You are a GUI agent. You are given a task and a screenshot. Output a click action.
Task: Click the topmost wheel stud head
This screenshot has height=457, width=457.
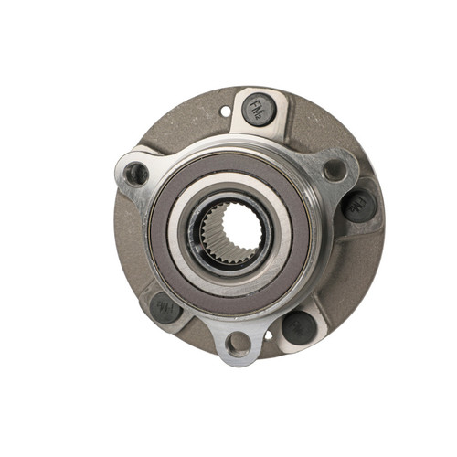click(259, 111)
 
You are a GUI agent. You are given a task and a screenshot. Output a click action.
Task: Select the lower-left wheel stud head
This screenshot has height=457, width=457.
click(166, 307)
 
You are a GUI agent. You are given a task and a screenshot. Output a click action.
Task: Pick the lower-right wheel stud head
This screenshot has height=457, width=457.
click(298, 325)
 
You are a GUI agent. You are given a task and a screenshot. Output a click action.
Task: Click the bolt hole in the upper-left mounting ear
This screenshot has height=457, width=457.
click(137, 173)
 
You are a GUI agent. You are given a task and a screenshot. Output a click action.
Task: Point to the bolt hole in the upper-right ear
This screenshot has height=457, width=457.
click(335, 169)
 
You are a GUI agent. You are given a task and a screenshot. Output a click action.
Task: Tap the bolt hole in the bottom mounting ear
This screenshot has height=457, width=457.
click(239, 344)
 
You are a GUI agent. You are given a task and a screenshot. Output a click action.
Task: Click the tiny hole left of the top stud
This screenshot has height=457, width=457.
click(225, 112)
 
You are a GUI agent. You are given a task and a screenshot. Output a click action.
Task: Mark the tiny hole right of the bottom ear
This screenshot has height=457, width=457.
click(268, 335)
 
